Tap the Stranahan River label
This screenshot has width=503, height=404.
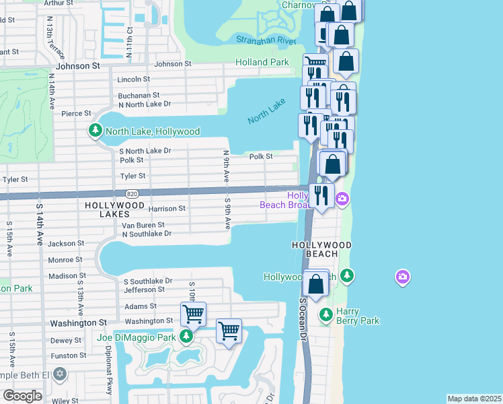point(266,41)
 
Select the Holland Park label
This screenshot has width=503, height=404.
point(262,63)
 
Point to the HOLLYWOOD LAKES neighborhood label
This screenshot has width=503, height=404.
point(114,209)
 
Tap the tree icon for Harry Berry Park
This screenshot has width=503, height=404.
point(326,314)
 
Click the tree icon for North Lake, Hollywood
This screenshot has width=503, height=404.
point(96,131)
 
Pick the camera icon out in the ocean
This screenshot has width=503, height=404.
point(402,276)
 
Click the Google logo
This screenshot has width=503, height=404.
point(22,396)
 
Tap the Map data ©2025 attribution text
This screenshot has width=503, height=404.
point(474,398)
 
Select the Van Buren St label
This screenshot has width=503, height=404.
point(143,225)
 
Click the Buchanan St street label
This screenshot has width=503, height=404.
point(139,96)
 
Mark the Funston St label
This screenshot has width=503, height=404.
point(69,355)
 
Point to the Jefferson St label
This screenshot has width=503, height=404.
point(144,290)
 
